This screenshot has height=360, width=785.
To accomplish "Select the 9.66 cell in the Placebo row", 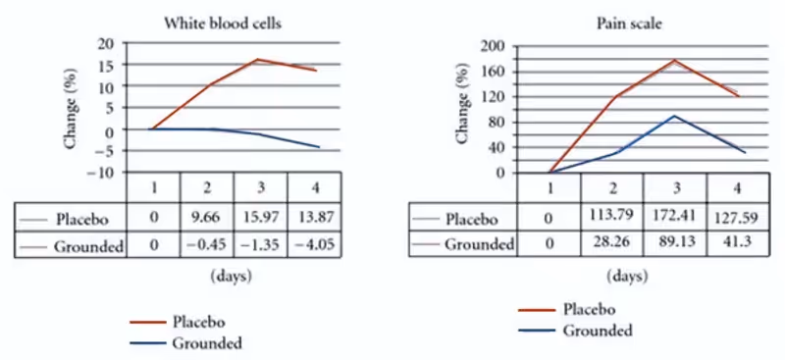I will [x=207, y=216].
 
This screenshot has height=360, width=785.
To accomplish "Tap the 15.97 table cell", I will [x=261, y=216].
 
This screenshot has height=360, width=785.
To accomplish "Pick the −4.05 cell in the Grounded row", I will [x=314, y=245].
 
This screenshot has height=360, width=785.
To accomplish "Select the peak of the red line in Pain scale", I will [x=673, y=61].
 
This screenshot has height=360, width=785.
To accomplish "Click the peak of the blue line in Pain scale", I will [x=673, y=116].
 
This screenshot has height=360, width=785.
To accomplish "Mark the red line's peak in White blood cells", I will [x=258, y=60].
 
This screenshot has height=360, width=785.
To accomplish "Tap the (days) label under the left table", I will [x=231, y=277].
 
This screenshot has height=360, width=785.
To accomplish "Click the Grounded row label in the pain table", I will [x=479, y=244].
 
